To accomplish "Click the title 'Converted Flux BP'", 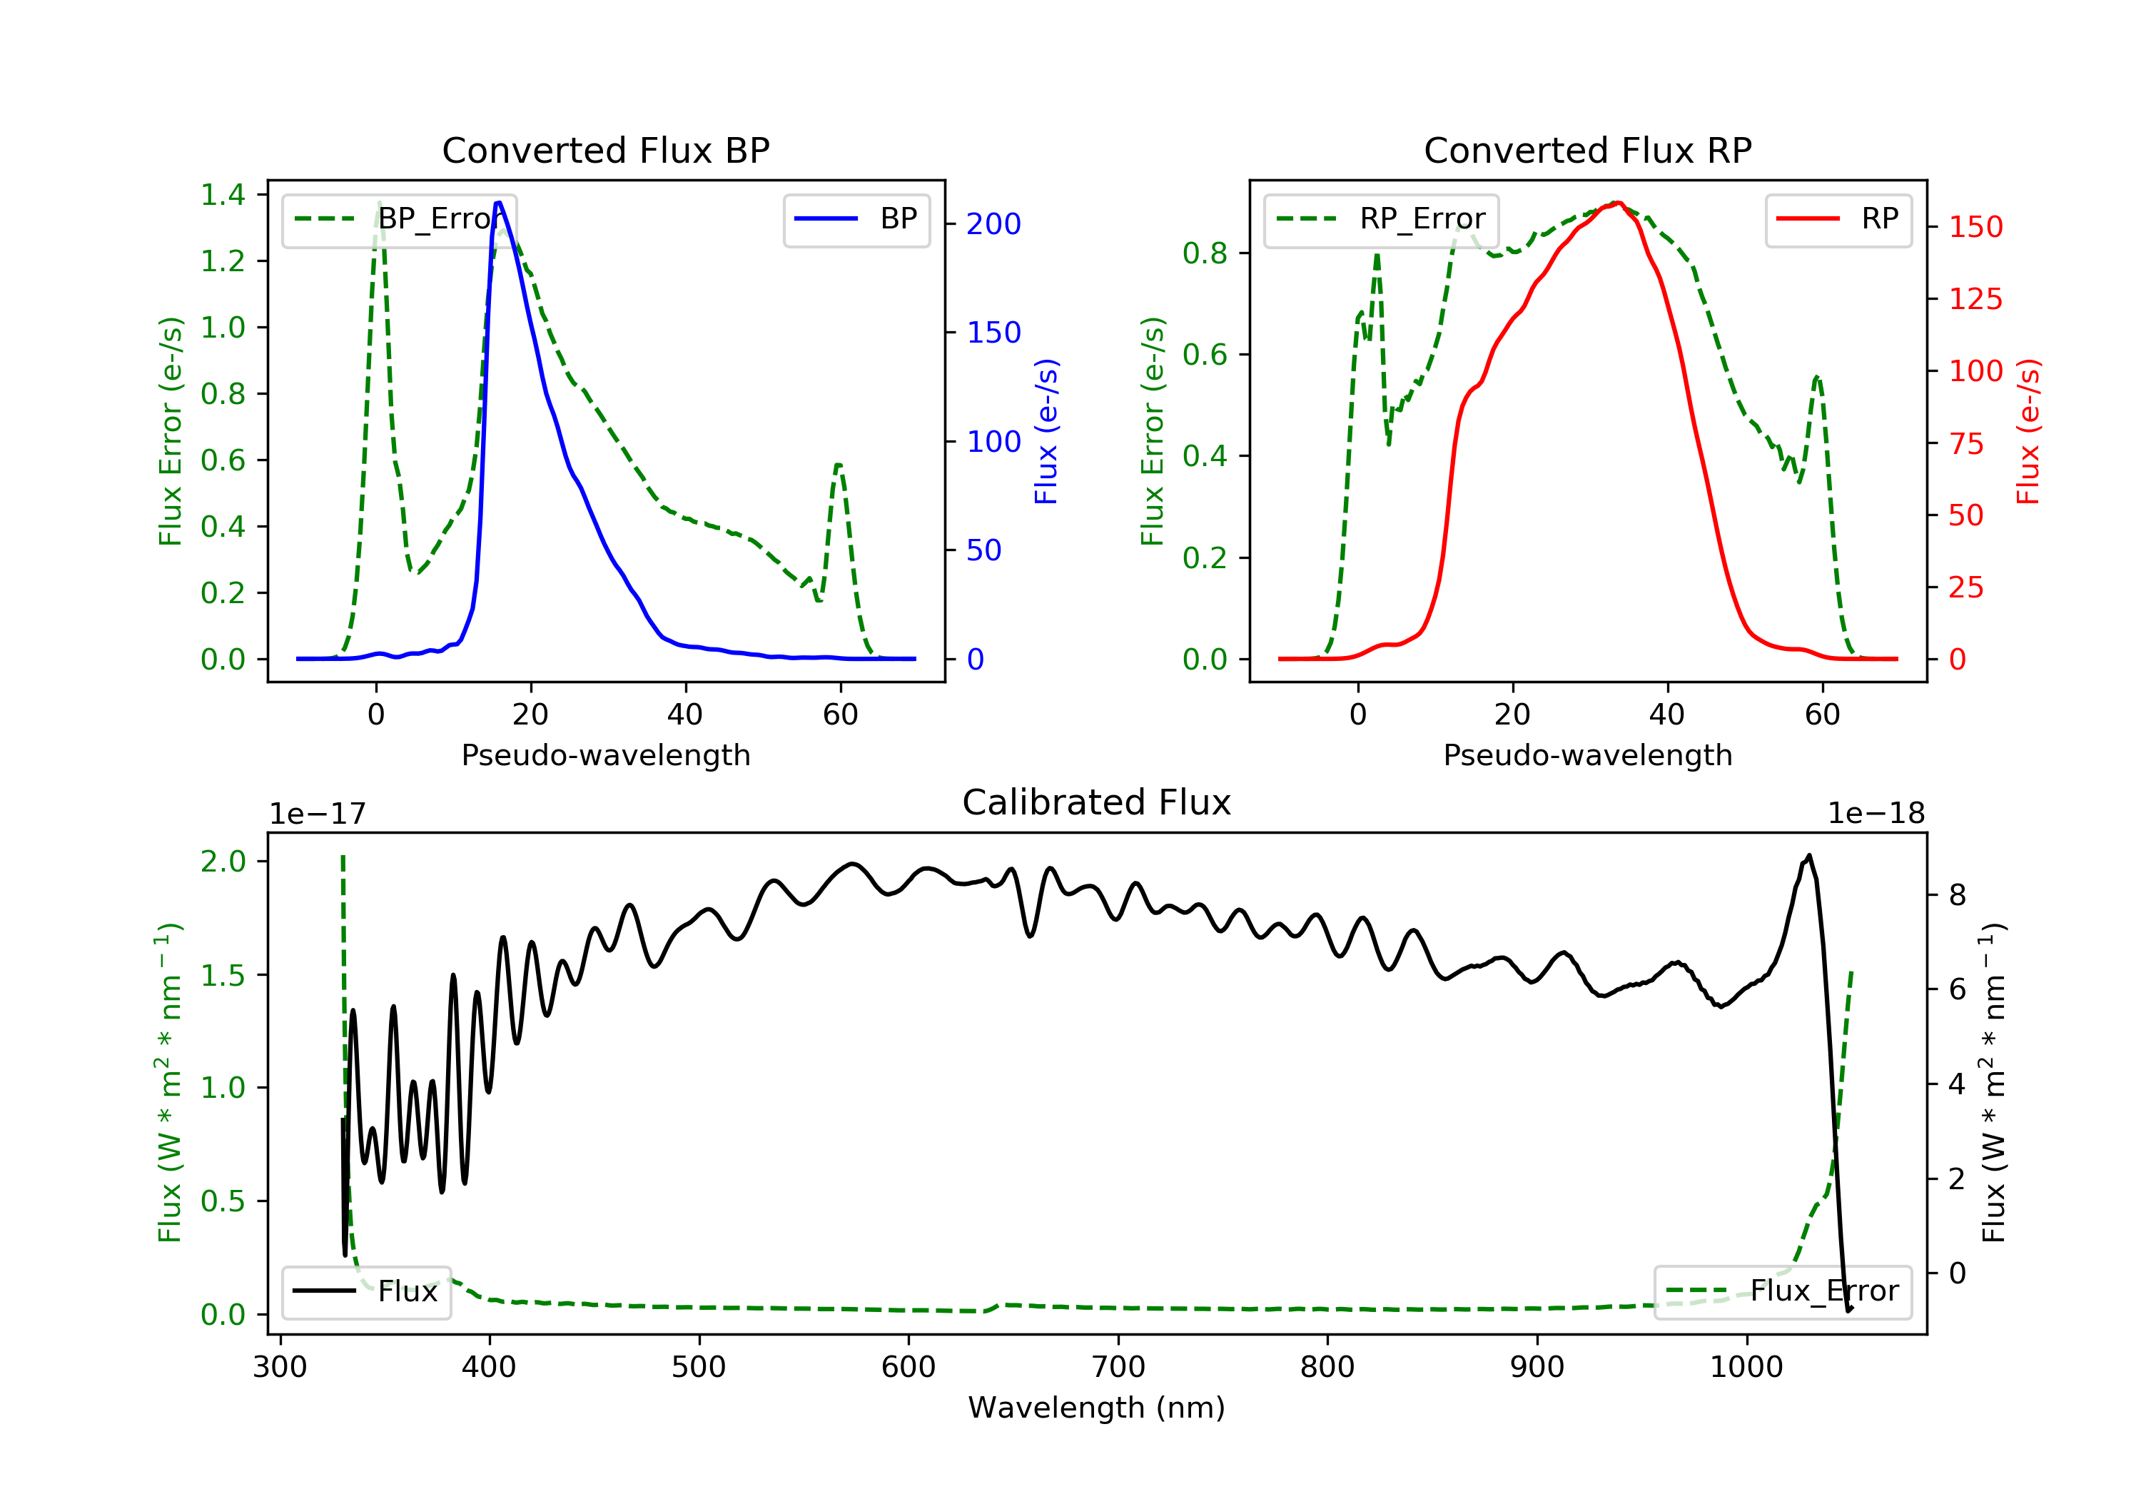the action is point(605,150).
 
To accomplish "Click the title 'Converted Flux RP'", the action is point(1587,150).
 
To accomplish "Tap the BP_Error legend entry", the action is point(399,219).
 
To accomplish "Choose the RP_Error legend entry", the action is point(1381,219).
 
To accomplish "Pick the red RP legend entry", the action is point(1838,219).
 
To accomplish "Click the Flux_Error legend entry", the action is point(1782,1291).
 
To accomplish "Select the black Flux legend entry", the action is point(365,1291).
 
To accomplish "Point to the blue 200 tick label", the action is point(993,224).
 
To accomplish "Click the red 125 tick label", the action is point(1975,299).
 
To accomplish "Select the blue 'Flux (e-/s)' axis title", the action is point(1046,432).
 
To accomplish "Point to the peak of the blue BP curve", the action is point(499,203).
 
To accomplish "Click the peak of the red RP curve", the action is point(1618,203).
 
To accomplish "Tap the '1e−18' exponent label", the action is point(1876,814).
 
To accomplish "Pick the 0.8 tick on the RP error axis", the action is point(1205,253).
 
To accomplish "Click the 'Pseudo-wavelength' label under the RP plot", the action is point(1587,754).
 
